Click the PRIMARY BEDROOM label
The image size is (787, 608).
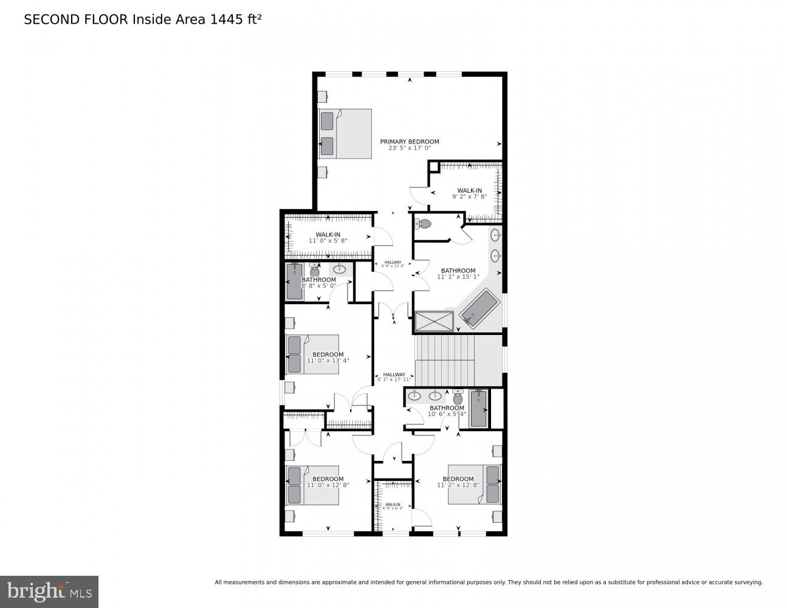pos(409,142)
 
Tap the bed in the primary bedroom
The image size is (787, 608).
pos(345,134)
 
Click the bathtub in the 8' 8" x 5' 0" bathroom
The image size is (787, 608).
pos(295,281)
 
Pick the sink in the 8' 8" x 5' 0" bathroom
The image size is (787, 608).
pos(340,269)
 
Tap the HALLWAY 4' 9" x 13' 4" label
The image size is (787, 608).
pos(393,264)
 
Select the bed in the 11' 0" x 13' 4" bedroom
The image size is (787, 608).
pos(312,354)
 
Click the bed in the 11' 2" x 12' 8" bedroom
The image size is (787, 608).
pos(475,485)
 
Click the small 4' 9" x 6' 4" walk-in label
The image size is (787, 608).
pos(393,506)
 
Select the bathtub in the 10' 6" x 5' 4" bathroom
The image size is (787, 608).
pos(478,408)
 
